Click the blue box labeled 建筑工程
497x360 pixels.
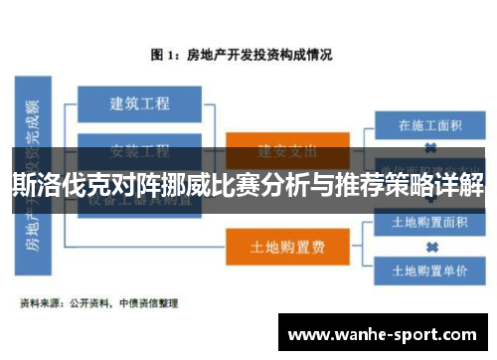pos(139,101)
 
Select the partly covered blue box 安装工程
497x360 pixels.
pos(139,150)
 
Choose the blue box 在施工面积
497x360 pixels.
pos(430,126)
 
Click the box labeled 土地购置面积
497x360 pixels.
pos(430,222)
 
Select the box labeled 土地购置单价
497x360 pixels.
pos(430,269)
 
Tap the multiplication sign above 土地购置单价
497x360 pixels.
pos(430,246)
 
